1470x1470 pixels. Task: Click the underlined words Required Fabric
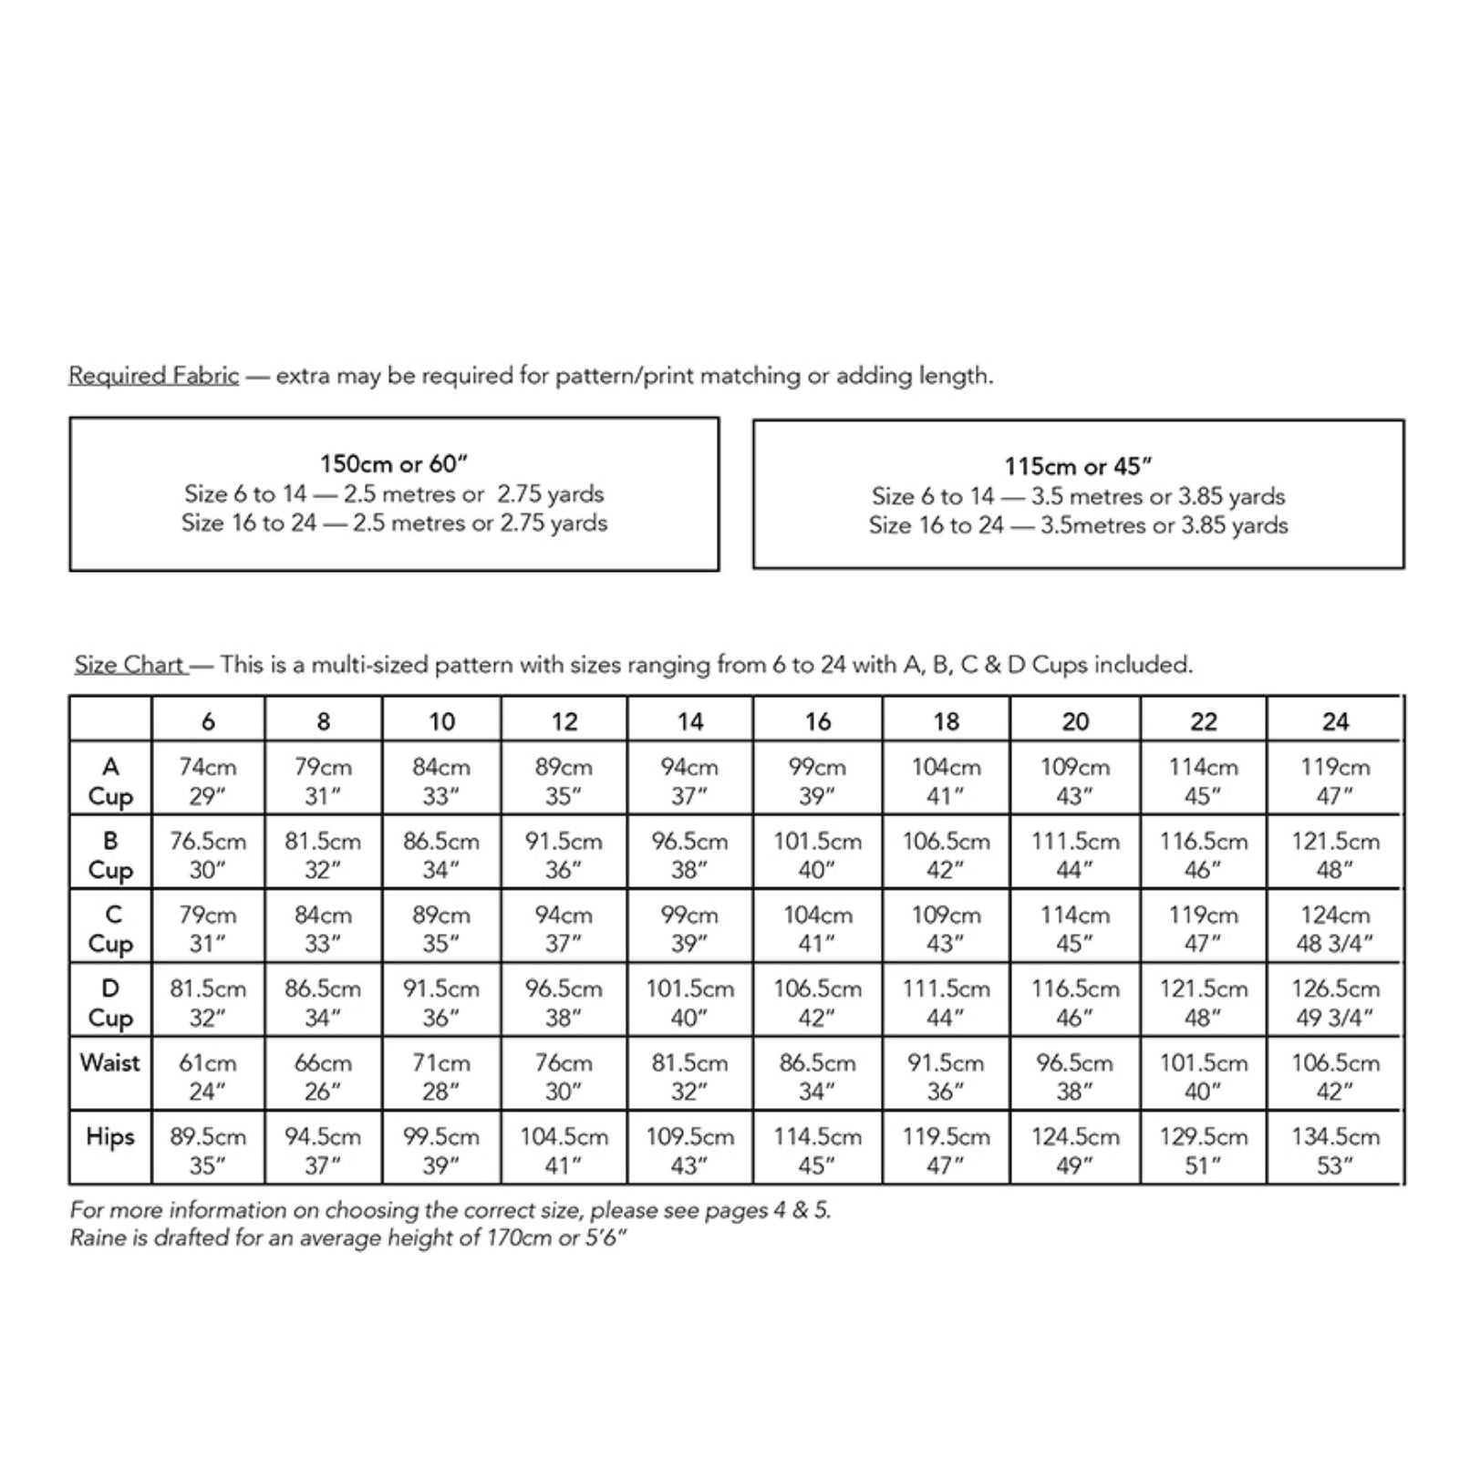click(153, 376)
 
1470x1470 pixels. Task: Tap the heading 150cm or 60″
click(394, 464)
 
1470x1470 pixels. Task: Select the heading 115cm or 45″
click(1078, 467)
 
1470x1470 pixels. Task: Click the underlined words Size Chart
click(129, 665)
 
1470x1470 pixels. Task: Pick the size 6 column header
click(208, 721)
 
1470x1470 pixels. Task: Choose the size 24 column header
click(1335, 721)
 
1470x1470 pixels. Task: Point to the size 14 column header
click(690, 721)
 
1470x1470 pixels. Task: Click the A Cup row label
click(110, 781)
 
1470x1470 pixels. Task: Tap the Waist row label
click(110, 1063)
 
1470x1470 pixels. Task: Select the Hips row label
click(110, 1137)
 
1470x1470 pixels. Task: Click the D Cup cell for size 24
click(1335, 1003)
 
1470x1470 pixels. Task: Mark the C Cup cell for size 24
click(1335, 929)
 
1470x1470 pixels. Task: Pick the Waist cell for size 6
click(208, 1077)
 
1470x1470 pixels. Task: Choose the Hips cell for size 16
click(817, 1151)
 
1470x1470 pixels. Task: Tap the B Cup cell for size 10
click(441, 855)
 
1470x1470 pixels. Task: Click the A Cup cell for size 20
click(1075, 781)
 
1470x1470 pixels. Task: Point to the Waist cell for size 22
click(1204, 1077)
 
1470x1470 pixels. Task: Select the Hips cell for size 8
click(323, 1151)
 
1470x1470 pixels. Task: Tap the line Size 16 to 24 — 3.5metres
click(1078, 526)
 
